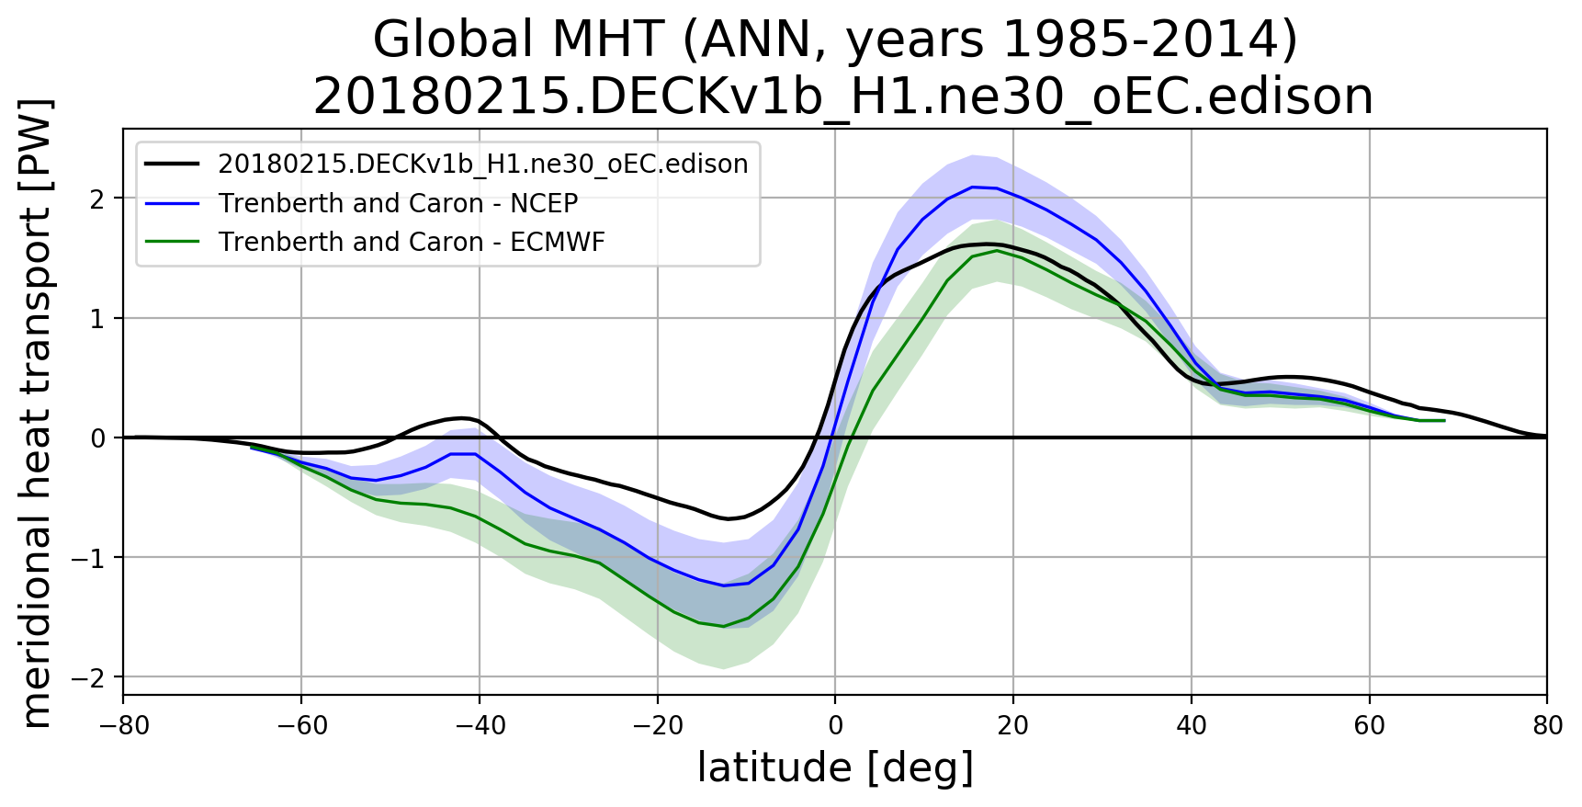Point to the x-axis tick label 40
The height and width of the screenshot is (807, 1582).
coord(1192,726)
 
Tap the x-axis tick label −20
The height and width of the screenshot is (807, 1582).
coord(658,726)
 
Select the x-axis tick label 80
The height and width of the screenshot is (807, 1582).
coord(1548,726)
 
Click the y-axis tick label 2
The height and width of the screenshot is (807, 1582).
coord(97,199)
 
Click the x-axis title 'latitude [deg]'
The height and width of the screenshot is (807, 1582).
coord(835,768)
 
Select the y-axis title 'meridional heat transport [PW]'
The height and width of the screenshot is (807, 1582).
coord(37,413)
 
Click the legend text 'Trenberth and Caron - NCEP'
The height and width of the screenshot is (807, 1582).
coord(398,203)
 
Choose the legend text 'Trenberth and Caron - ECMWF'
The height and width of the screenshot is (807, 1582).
coord(412,242)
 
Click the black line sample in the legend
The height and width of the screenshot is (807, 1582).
coord(173,164)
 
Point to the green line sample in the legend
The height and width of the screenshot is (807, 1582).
coord(173,242)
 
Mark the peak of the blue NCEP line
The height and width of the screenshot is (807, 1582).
coord(972,187)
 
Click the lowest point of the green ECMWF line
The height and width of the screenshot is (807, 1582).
coord(723,626)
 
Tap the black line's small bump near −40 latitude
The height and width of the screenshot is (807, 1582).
coord(464,417)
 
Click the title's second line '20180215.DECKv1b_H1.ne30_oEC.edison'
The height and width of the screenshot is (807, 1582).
coord(842,96)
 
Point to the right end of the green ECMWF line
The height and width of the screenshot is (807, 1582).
coord(1444,420)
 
